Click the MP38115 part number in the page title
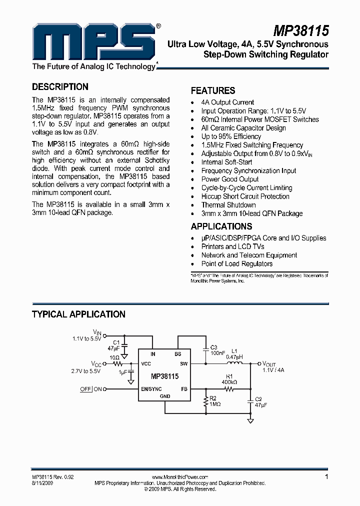300,30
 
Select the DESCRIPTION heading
60,86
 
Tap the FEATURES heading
213,90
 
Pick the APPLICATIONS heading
221,226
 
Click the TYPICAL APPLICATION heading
78,314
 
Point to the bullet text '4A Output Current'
227,102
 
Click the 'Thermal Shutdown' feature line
228,205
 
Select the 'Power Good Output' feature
230,179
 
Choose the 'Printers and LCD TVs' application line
233,246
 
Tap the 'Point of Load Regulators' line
237,263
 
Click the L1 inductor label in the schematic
235,351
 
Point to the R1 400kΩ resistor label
229,379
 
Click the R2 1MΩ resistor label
214,401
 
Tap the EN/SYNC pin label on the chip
151,388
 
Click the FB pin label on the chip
184,388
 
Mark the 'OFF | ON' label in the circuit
91,389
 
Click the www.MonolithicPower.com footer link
179,477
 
